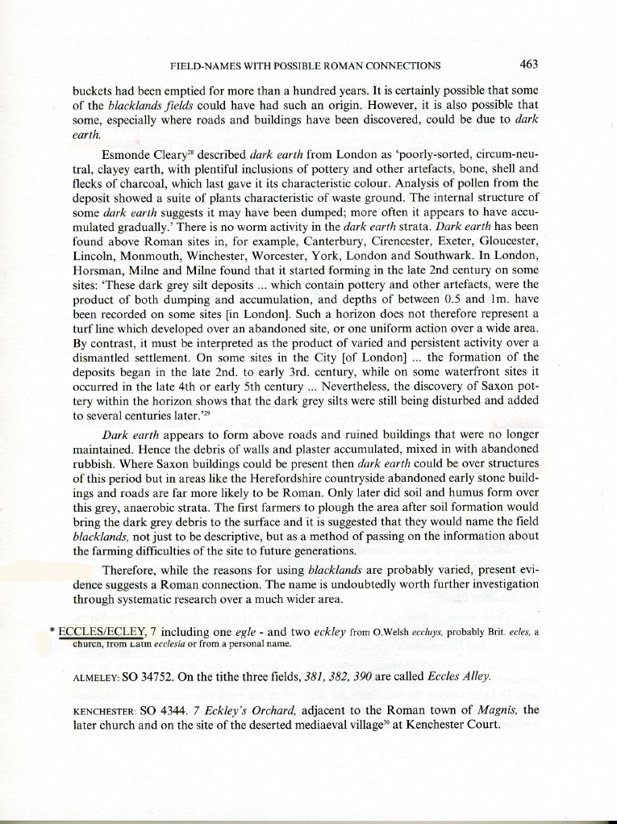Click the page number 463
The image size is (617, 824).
[529, 65]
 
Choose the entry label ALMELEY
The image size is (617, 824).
[98, 676]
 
